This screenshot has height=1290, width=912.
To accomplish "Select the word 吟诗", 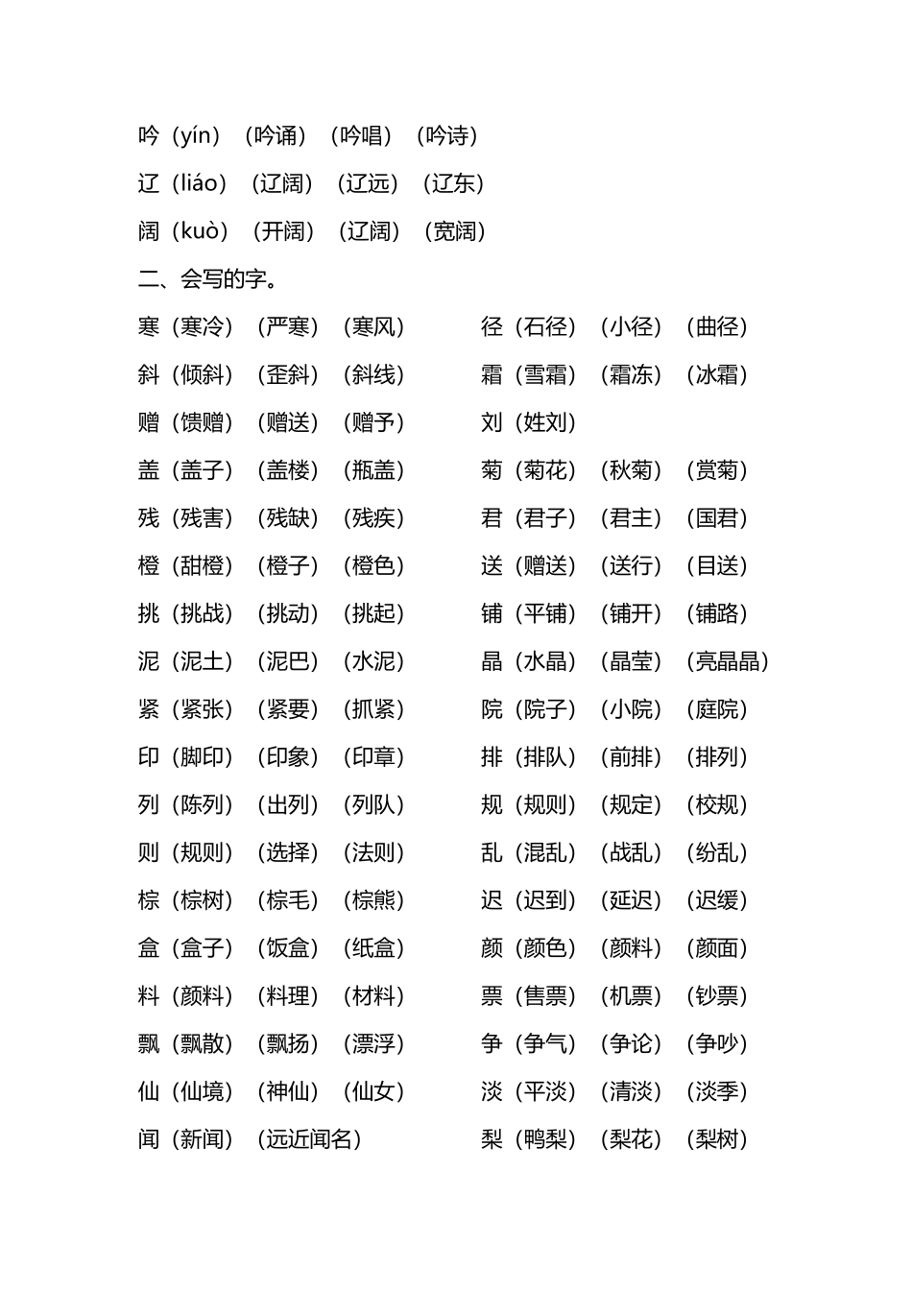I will click(447, 136).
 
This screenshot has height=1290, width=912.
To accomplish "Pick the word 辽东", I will click(453, 183).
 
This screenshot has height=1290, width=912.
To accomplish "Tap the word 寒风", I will click(373, 327).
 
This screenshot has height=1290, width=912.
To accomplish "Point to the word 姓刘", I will click(545, 422).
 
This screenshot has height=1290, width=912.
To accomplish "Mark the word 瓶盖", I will click(373, 470).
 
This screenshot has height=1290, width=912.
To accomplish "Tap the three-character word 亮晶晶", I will click(728, 661).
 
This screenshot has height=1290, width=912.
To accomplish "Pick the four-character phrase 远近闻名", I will click(309, 1139).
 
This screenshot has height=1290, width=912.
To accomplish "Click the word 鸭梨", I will click(545, 1139).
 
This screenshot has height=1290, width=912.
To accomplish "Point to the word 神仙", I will click(288, 1091).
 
